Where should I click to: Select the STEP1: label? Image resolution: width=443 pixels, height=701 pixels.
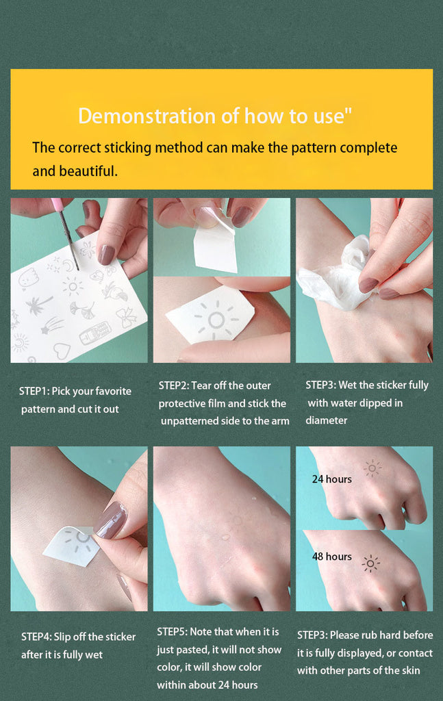click(34, 391)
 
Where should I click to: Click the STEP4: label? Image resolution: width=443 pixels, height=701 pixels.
click(36, 637)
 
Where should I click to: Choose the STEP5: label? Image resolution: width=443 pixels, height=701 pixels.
click(172, 632)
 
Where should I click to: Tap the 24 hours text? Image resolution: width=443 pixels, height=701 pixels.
click(331, 479)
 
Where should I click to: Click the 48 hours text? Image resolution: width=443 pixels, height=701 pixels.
click(331, 557)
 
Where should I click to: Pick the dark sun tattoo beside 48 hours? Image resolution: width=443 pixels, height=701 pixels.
click(370, 563)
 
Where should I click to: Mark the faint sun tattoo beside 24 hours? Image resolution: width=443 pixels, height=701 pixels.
click(372, 468)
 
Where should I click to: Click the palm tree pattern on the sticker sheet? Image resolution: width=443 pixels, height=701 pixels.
click(38, 305)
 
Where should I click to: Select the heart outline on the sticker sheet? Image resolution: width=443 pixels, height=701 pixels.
click(62, 351)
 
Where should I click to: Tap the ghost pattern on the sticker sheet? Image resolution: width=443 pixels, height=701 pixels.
click(29, 279)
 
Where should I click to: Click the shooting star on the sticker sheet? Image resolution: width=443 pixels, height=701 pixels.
click(52, 326)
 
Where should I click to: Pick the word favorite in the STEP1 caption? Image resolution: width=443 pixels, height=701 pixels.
click(114, 391)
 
